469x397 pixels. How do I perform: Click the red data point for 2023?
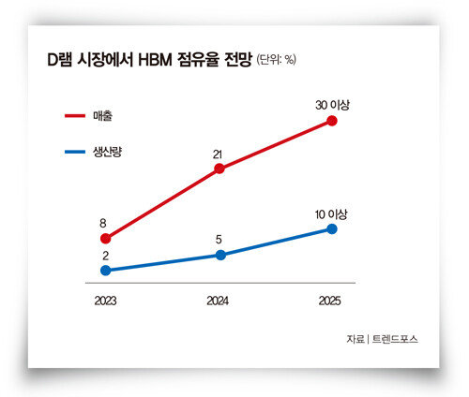(x=106, y=239)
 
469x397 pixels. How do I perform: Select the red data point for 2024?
(x=219, y=169)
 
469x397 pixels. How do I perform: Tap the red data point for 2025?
(x=332, y=121)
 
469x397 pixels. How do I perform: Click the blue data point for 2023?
(x=106, y=271)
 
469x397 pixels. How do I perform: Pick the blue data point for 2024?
(x=220, y=255)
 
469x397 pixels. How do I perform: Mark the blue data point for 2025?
(x=332, y=229)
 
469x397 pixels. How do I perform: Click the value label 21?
(x=218, y=154)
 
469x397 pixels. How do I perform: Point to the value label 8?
(x=103, y=224)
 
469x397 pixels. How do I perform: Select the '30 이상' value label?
(x=332, y=105)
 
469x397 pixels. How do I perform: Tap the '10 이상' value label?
(x=331, y=214)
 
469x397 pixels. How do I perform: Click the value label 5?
(x=219, y=240)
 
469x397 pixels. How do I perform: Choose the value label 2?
(x=105, y=256)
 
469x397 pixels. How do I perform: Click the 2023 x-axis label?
(x=105, y=301)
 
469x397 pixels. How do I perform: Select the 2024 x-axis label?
(x=218, y=301)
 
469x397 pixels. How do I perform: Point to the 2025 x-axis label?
(x=329, y=301)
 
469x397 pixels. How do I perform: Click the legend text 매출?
(x=102, y=116)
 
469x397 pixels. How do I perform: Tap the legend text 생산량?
(x=107, y=152)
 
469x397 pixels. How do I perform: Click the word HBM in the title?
(x=155, y=60)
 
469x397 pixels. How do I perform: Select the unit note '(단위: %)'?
(x=277, y=59)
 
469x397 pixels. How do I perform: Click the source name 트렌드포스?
(x=395, y=339)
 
